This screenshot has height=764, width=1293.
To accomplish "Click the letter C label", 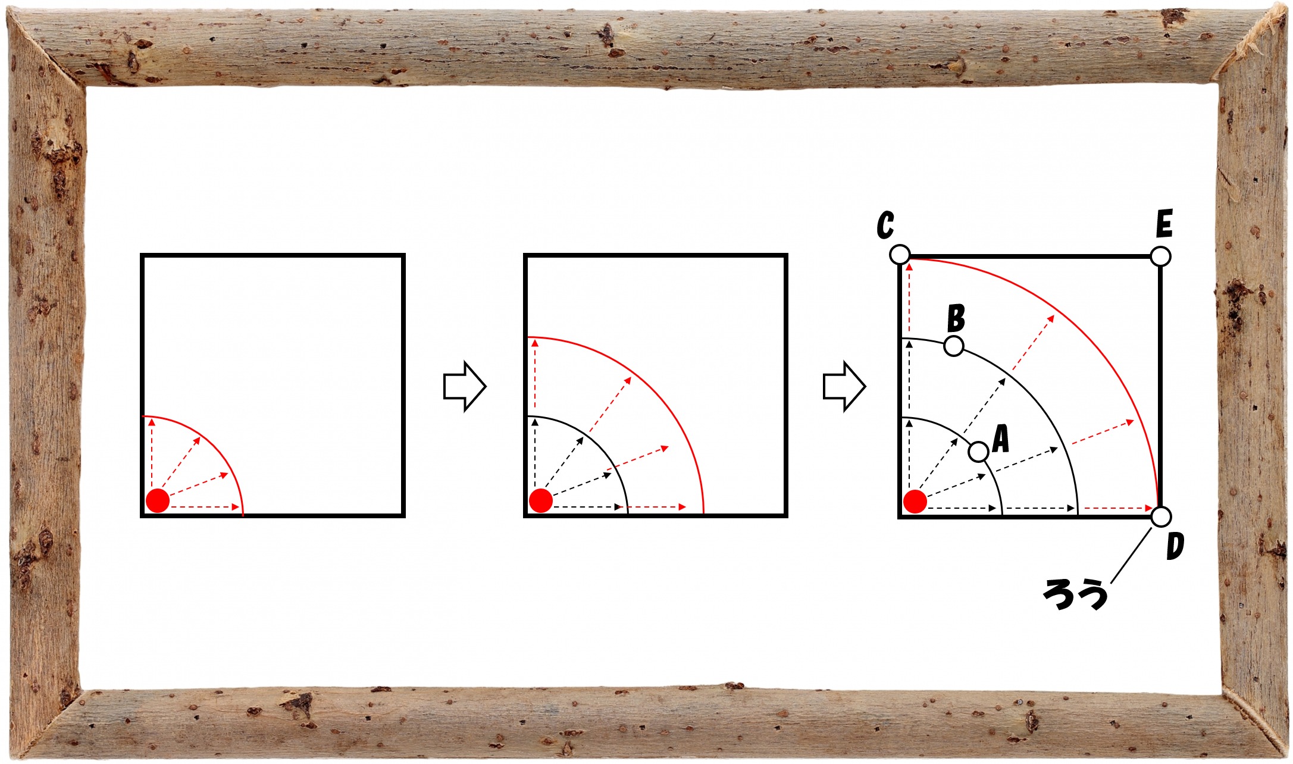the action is pos(885,226).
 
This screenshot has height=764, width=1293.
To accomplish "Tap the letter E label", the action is pos(1164,224).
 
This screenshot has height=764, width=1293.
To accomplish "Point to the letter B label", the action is pos(956,318).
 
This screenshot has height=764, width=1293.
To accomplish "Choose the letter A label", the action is pos(1001,440).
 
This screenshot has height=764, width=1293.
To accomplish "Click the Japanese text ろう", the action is pos(1075,594).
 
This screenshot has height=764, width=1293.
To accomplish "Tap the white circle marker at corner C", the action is pos(900,255).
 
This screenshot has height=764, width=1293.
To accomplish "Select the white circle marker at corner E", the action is pos(1161,256).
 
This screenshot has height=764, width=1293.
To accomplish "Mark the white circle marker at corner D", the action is pos(1161,516).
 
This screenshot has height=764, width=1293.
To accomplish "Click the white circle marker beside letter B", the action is pos(954,346).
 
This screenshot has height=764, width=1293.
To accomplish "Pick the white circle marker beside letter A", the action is pos(979,452).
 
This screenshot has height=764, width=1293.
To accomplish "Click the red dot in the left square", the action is pos(158,501).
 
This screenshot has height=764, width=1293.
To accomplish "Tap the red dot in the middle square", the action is pos(541,500).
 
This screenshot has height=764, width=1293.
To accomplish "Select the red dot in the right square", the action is pos(915,501).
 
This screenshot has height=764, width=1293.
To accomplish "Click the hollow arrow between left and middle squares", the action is pos(465,386).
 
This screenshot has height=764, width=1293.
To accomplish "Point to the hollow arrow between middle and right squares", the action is pos(844,386).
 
